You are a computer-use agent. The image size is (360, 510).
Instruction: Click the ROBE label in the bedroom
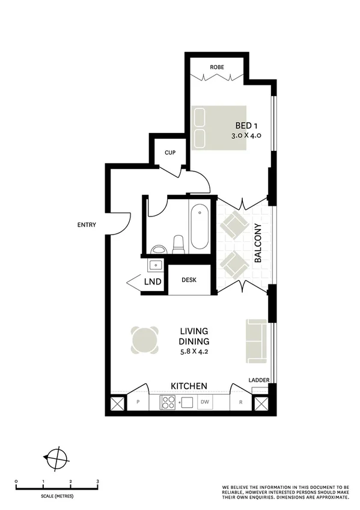coord(217,67)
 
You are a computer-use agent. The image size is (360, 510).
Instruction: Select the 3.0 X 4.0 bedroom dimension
coord(246,137)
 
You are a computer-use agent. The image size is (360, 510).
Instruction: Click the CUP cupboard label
coord(170,153)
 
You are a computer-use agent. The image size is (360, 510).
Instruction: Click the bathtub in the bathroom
coord(199,229)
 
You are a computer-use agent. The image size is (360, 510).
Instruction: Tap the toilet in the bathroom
coord(178,244)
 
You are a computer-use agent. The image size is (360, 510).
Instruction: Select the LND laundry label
coord(153,281)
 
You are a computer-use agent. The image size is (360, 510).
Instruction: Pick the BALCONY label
coord(258,244)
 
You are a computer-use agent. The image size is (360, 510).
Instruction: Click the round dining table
coord(146,339)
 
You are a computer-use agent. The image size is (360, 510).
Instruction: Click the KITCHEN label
coord(189,386)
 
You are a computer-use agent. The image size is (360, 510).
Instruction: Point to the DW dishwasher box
coord(205,402)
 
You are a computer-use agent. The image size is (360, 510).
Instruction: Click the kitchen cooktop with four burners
coord(166,402)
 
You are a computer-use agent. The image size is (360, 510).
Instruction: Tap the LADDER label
coord(259,380)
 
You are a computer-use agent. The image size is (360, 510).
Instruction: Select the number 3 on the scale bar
coord(97,482)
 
